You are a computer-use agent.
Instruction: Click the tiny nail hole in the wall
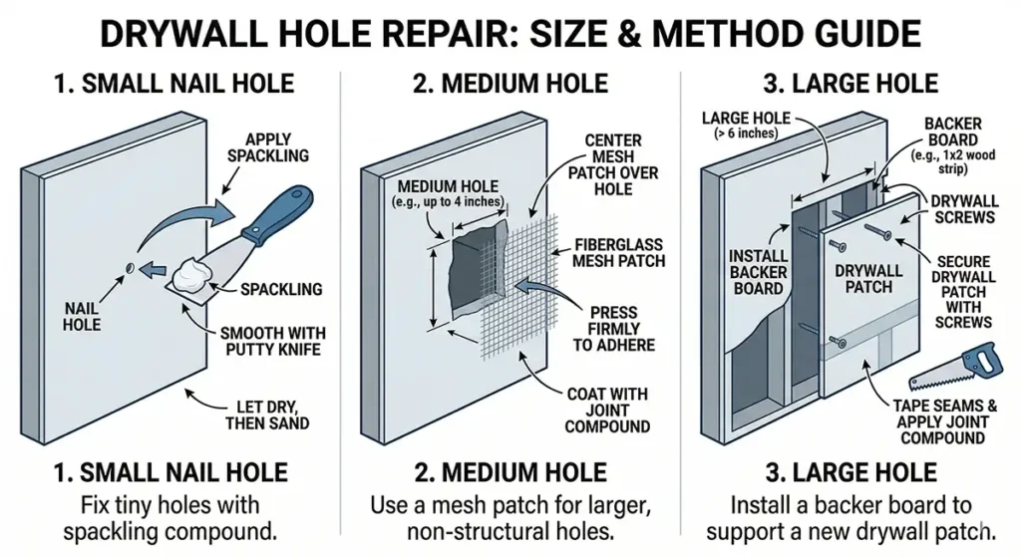point(130,266)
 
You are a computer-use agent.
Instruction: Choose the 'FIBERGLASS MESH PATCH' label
point(617,253)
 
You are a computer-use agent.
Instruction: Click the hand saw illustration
point(954,369)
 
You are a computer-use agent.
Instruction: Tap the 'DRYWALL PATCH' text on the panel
point(868,278)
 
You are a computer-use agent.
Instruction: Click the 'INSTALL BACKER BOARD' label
point(757,271)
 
